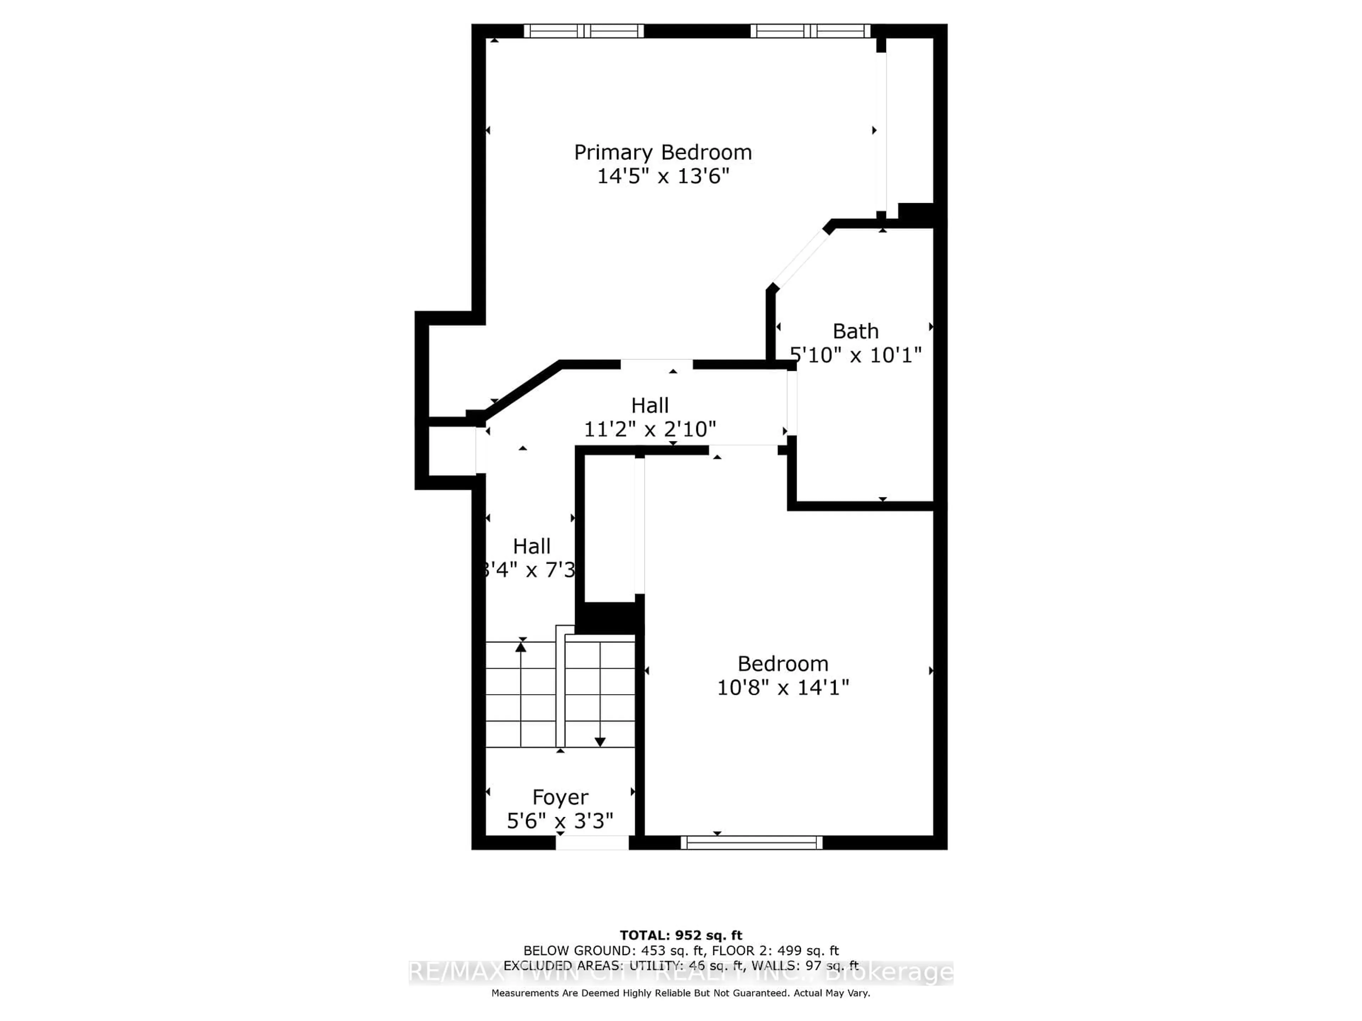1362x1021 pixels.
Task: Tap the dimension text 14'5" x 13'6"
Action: [x=663, y=177]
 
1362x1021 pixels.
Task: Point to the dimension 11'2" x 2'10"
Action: [x=649, y=429]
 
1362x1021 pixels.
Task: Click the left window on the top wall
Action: [x=583, y=31]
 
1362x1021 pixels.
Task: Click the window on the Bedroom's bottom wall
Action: [x=751, y=843]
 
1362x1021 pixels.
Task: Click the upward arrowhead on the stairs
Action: [x=521, y=646]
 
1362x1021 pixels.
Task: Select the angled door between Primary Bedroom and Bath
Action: [x=801, y=258]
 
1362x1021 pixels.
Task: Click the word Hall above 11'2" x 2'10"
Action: [x=649, y=406]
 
